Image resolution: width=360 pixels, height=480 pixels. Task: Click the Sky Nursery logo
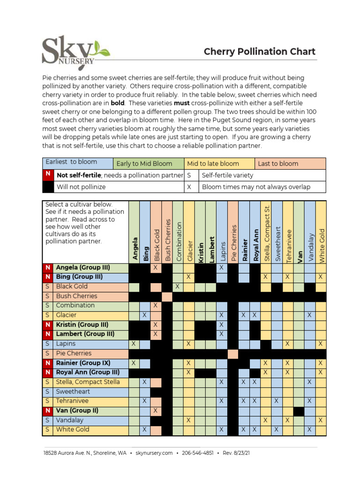75,51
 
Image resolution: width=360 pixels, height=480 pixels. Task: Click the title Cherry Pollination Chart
259,52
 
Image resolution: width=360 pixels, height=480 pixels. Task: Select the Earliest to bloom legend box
78,163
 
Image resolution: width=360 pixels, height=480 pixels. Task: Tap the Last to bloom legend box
290,164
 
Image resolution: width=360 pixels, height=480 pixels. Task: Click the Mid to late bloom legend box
219,164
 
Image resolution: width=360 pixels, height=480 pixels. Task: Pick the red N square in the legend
48,175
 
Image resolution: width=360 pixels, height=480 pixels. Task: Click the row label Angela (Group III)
83,268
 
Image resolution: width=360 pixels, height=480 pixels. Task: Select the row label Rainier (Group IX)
83,363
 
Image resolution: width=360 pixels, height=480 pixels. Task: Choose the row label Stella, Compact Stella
88,382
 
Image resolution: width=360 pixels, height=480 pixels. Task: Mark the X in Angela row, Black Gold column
156,268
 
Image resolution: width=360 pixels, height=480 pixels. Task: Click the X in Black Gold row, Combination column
178,286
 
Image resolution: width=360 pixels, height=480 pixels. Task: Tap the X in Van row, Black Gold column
156,411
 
